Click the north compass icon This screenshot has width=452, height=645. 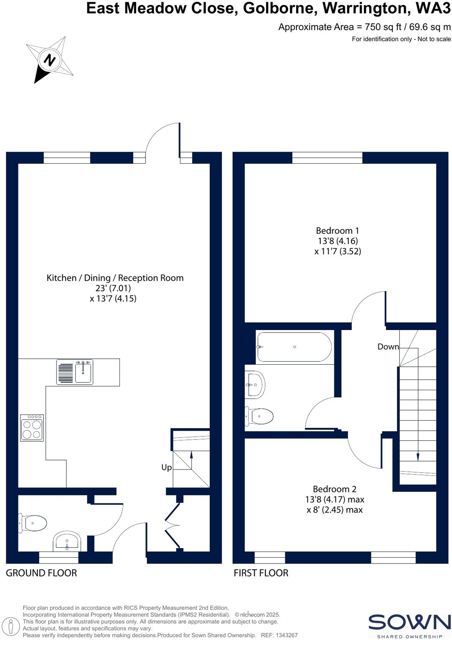click(50, 60)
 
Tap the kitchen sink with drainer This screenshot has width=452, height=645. click(75, 372)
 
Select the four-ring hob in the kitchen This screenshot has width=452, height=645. click(32, 428)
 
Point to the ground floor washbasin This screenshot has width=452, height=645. click(67, 542)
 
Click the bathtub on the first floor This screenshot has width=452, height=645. click(295, 347)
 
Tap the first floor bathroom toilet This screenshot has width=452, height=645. click(259, 416)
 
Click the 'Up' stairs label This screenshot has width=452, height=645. click(166, 467)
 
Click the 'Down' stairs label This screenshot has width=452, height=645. click(388, 346)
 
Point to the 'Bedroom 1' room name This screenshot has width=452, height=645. click(337, 231)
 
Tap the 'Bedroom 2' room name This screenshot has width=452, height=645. click(334, 489)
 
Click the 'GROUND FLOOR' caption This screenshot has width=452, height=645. click(41, 573)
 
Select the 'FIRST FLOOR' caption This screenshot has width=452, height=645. click(261, 573)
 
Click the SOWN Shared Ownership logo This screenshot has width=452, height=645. click(409, 625)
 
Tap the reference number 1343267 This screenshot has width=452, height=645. click(286, 635)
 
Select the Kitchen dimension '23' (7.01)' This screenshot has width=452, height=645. click(113, 288)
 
